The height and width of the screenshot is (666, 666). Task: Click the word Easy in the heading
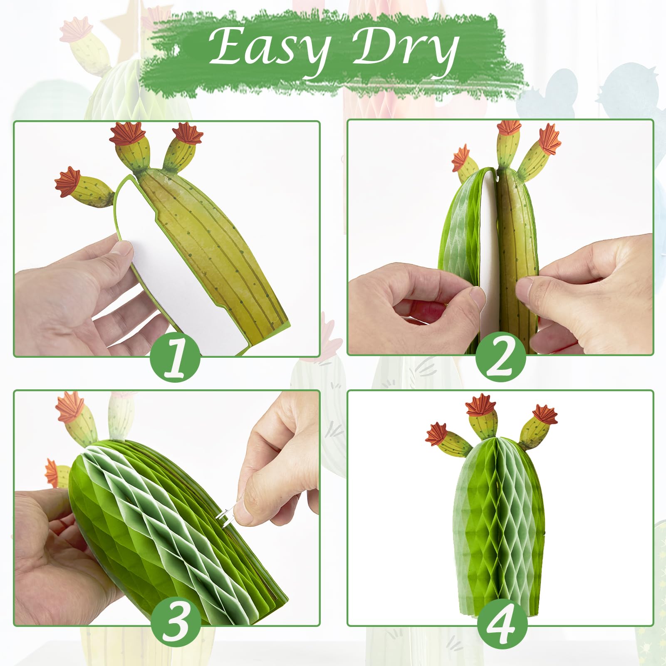point(270,49)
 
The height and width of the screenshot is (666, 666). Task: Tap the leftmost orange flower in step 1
point(68,181)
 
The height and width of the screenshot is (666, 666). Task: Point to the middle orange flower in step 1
point(128,134)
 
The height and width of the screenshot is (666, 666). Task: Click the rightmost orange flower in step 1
point(188,133)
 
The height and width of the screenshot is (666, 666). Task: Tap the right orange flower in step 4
point(545,414)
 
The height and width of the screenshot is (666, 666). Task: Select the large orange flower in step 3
point(69,406)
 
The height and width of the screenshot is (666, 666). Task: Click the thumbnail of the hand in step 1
point(123,250)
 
